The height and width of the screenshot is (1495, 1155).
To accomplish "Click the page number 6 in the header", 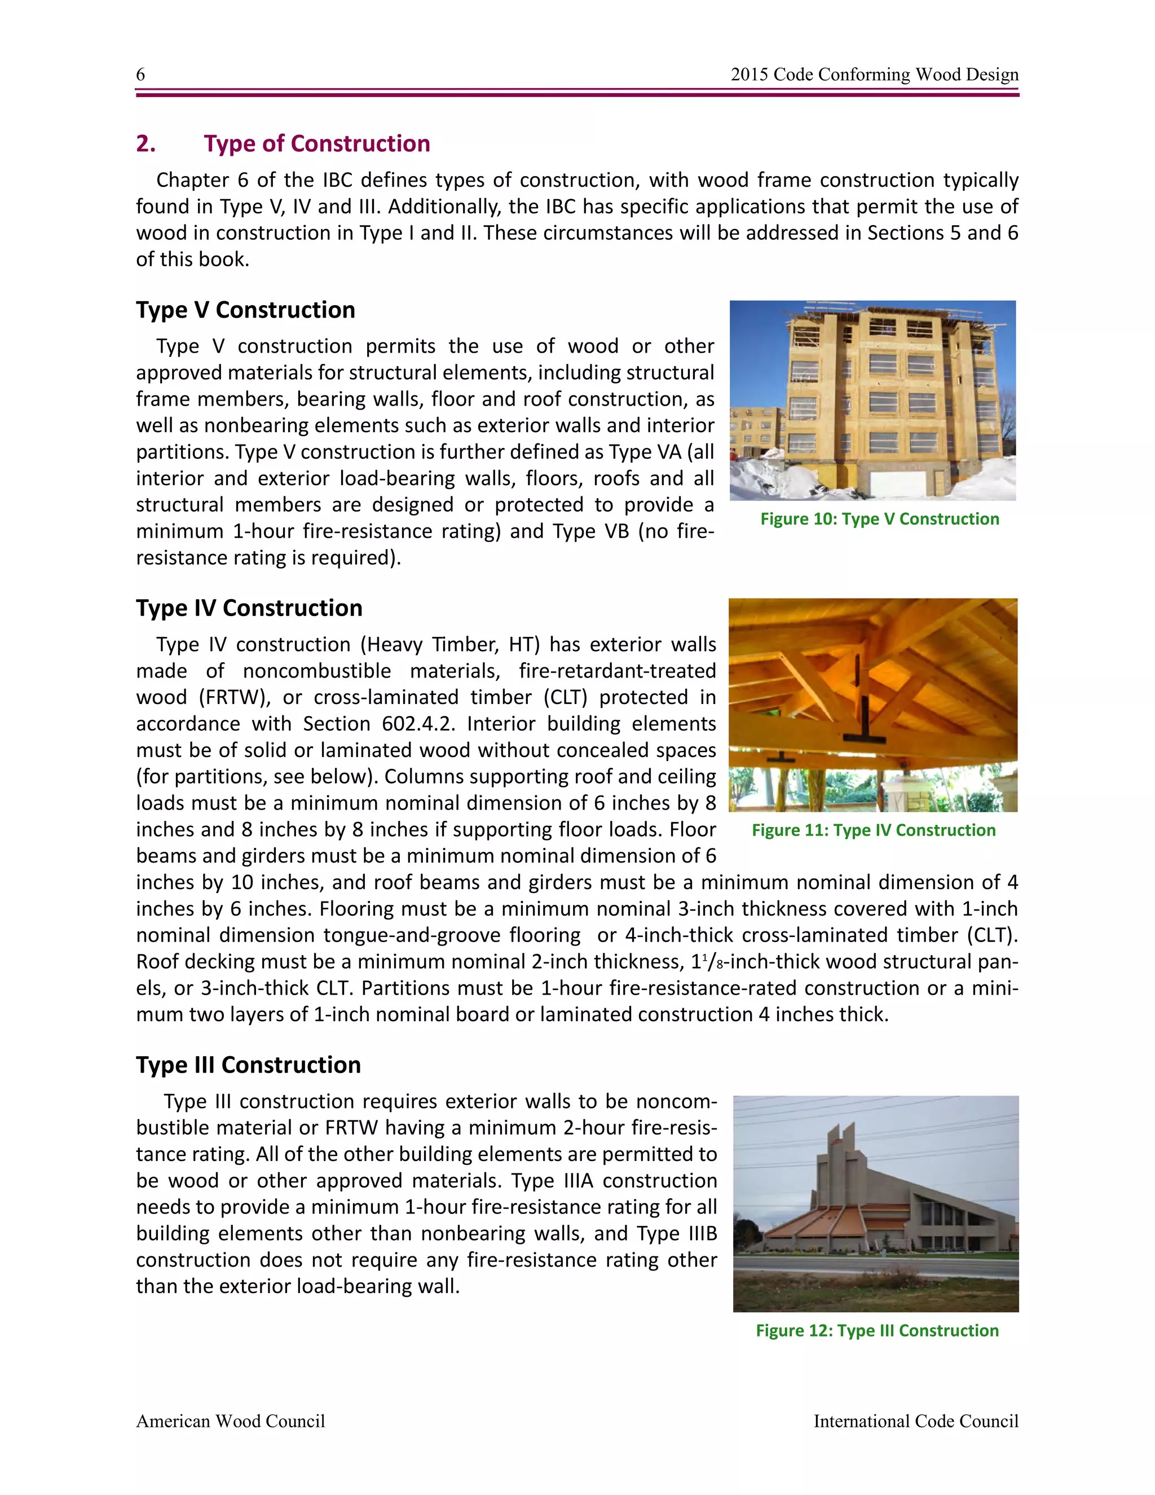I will pos(140,74).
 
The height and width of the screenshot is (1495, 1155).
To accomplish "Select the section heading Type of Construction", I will pos(317,144).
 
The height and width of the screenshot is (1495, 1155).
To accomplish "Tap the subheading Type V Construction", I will pos(245,310).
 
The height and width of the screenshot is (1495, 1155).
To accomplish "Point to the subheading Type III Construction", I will pos(248,1065).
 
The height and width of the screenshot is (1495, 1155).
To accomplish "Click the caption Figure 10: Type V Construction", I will pos(879,519).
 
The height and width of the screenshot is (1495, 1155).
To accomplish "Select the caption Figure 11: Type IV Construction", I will pos(873,830).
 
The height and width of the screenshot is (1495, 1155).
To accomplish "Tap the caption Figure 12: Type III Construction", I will pos(876,1331).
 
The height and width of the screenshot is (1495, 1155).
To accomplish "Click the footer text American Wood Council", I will pos(230,1422).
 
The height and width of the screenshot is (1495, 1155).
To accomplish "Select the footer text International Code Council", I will pos(915,1422).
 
